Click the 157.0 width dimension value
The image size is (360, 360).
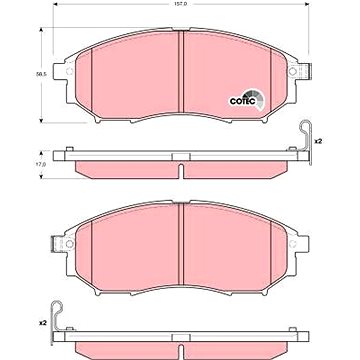point(180,3)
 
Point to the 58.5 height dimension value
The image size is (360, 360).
point(41,75)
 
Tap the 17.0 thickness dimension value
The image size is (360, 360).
point(41,164)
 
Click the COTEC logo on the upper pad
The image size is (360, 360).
point(246,100)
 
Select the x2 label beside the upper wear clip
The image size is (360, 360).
point(317,141)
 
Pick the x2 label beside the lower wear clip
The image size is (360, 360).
point(42,323)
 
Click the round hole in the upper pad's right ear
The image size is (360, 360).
point(292,71)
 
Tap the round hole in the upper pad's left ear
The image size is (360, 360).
point(69,71)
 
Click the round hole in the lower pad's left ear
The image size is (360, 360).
point(69,244)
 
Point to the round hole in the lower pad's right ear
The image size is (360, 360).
point(292,244)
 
